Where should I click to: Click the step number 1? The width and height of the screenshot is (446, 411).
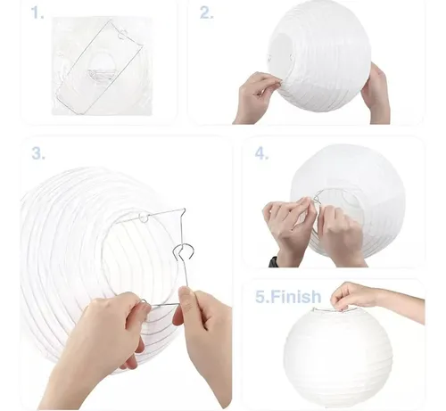[37, 13]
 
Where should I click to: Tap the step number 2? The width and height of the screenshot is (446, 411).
[206, 13]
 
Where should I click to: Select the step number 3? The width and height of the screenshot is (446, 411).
[37, 153]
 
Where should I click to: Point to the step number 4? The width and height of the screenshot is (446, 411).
[261, 153]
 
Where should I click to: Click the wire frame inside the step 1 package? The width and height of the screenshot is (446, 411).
[98, 67]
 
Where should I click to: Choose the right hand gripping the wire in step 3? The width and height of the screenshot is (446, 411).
[201, 325]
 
